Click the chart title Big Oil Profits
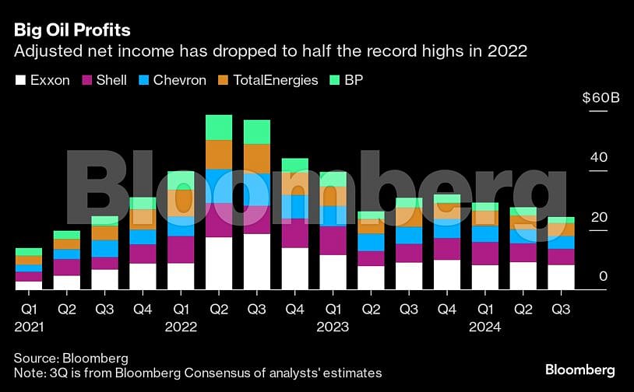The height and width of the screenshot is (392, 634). click(72, 30)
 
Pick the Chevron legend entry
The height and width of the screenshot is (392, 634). click(173, 80)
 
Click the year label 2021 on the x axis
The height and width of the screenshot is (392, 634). click(29, 327)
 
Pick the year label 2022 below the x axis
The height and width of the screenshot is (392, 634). click(180, 327)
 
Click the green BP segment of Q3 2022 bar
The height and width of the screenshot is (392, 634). click(256, 132)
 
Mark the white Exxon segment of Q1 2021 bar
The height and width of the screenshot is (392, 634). click(29, 285)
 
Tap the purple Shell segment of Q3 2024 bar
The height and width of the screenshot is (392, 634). click(560, 257)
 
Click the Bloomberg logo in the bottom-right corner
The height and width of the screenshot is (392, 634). click(579, 369)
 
